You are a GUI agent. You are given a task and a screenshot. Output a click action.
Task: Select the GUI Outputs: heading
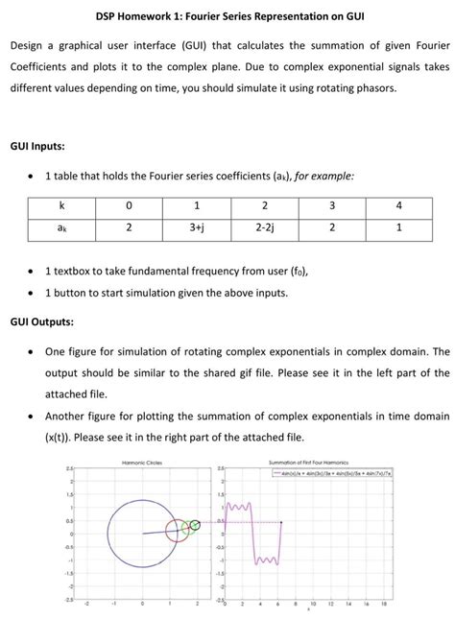pos(45,321)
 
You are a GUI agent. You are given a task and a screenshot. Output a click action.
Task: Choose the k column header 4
pos(398,206)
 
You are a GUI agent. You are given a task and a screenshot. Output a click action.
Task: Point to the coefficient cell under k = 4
pos(398,226)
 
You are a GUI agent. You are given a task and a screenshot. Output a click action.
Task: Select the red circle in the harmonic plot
pos(180,529)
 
